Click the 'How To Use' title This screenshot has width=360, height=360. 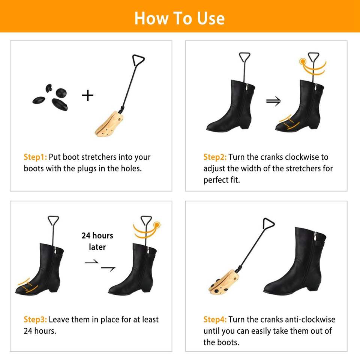click(179, 18)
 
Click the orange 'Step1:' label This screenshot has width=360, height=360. click(35, 157)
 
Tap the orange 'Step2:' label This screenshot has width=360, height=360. click(215, 157)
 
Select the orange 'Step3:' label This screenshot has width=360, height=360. click(35, 319)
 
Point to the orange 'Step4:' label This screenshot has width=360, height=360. click(215, 319)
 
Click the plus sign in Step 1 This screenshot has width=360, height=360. click(88, 96)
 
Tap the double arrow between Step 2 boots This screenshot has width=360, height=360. click(273, 101)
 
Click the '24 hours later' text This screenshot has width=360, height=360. click(97, 241)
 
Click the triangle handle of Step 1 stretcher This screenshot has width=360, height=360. click(138, 60)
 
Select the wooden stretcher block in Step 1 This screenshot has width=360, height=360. click(109, 124)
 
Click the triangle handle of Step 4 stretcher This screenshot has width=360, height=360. click(268, 223)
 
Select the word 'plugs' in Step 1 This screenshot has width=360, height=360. click(87, 169)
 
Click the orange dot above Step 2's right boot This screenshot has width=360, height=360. click(303, 61)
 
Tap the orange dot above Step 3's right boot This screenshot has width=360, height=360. click(157, 225)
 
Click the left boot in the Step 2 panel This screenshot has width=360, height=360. click(231, 106)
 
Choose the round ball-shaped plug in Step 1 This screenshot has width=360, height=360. click(61, 93)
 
